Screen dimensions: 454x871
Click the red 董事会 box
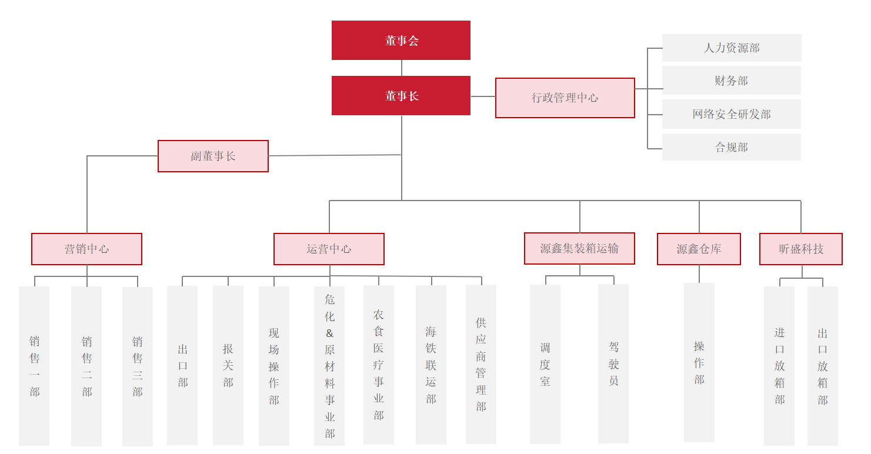click(x=401, y=41)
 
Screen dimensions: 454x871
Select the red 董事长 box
click(x=401, y=96)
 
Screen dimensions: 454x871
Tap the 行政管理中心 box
click(x=565, y=98)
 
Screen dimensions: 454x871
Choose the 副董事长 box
click(x=213, y=156)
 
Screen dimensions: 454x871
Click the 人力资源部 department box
click(x=732, y=48)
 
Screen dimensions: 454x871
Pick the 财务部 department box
click(x=732, y=81)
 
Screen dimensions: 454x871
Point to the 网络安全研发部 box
click(x=732, y=114)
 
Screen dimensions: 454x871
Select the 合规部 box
click(x=732, y=147)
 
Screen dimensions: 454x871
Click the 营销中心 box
click(x=86, y=249)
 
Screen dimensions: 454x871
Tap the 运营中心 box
click(x=329, y=249)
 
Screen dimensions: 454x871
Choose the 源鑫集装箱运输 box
click(x=579, y=249)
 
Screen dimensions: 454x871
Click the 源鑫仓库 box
click(x=699, y=249)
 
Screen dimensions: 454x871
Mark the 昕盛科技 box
click(x=801, y=249)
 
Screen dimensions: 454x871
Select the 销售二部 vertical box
click(x=86, y=366)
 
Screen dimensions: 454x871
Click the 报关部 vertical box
click(x=228, y=365)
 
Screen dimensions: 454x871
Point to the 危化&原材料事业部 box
click(x=329, y=366)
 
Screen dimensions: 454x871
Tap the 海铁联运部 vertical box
click(x=431, y=365)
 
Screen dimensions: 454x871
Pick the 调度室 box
click(x=545, y=365)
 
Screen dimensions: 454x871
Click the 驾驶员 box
click(x=613, y=364)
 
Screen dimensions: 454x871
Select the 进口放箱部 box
click(x=779, y=366)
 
